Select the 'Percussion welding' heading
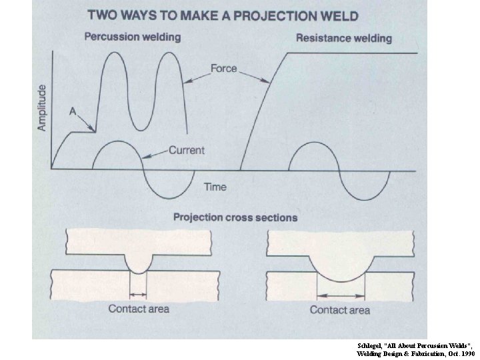[132, 37]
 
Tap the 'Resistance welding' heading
[344, 37]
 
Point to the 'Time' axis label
[215, 187]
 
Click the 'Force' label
[224, 69]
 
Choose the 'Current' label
[186, 150]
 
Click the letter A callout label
[73, 112]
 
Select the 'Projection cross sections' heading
[235, 217]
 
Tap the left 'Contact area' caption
[139, 309]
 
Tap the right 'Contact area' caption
[340, 310]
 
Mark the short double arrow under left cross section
[138, 294]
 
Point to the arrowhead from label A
[93, 129]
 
